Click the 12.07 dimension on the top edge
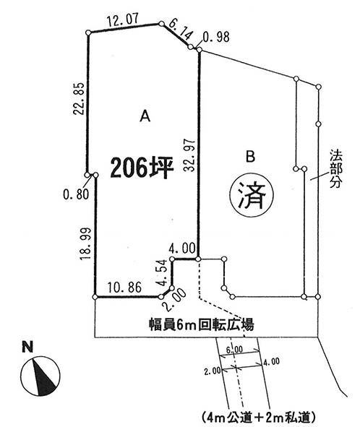[123, 20]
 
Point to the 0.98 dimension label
[216, 37]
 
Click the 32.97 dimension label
[189, 155]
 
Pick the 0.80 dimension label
[76, 194]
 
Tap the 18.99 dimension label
[85, 243]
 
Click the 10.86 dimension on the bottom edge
[124, 288]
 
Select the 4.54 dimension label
[163, 272]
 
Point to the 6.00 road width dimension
[235, 350]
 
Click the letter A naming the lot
[145, 116]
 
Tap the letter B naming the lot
[250, 157]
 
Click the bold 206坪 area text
[142, 167]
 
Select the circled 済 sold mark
[252, 195]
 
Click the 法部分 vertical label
[336, 169]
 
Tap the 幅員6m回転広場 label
[202, 324]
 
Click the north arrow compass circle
[40, 376]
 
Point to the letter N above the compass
[27, 348]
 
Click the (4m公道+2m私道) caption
[259, 417]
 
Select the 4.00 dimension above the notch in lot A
[182, 249]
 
